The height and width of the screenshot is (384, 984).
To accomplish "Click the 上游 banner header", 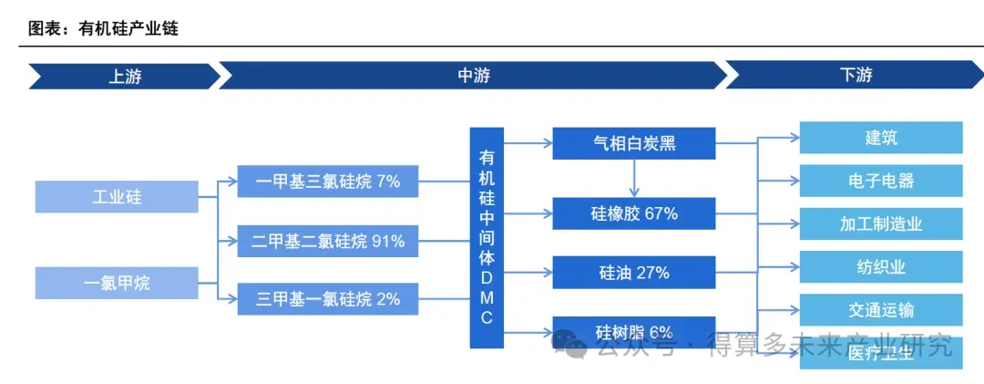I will click(x=124, y=76).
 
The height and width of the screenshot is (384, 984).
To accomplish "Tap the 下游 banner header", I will click(x=855, y=76).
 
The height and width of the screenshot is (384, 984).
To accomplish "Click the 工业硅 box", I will click(x=117, y=197).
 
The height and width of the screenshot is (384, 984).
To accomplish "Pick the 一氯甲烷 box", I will click(x=117, y=283).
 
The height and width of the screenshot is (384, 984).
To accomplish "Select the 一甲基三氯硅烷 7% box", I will click(x=327, y=182).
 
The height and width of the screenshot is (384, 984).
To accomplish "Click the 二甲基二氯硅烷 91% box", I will click(x=327, y=242).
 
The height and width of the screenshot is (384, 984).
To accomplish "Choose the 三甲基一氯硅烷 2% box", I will click(x=327, y=299).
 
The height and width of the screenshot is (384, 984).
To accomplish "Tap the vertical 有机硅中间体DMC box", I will click(x=487, y=237).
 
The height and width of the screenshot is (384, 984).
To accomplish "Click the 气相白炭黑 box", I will click(x=633, y=143).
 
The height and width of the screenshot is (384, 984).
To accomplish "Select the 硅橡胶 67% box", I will click(x=633, y=213).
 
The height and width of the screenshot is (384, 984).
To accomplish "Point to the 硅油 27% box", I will click(x=633, y=272).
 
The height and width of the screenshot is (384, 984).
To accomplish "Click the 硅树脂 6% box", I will click(x=633, y=332).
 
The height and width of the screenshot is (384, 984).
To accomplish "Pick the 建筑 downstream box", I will click(x=880, y=139).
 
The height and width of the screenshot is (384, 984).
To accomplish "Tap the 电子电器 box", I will click(x=880, y=181).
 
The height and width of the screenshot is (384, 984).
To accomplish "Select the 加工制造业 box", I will click(x=880, y=223).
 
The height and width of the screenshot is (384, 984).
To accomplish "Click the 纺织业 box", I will click(x=880, y=266).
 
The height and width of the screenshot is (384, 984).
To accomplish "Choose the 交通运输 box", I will click(x=880, y=309).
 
